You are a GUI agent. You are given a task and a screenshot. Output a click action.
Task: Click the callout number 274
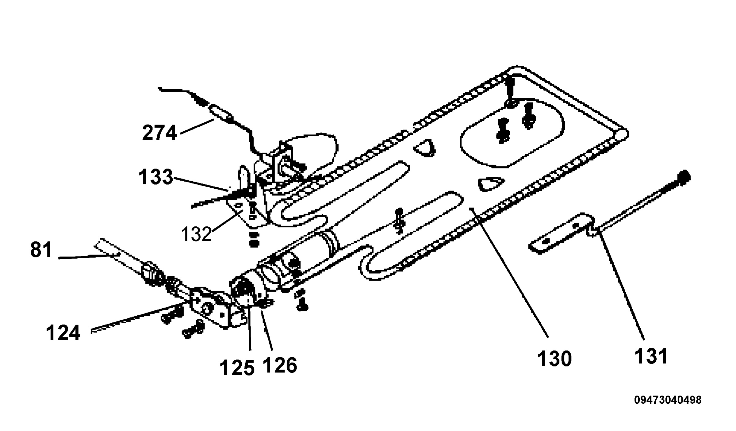pyautogui.click(x=160, y=133)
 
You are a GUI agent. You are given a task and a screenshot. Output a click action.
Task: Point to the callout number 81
pyautogui.click(x=41, y=250)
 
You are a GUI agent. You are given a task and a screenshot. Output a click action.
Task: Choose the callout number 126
pyautogui.click(x=280, y=365)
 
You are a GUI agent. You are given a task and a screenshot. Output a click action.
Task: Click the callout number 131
pyautogui.click(x=651, y=356)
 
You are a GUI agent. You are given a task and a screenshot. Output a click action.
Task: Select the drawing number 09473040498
pyautogui.click(x=668, y=400)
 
